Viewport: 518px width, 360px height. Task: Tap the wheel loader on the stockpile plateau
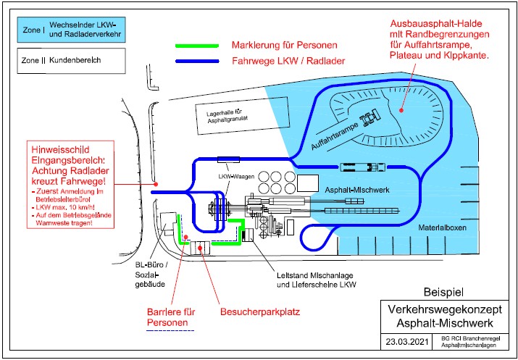[371, 117]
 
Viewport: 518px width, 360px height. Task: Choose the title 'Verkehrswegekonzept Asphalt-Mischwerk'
[446, 317]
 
